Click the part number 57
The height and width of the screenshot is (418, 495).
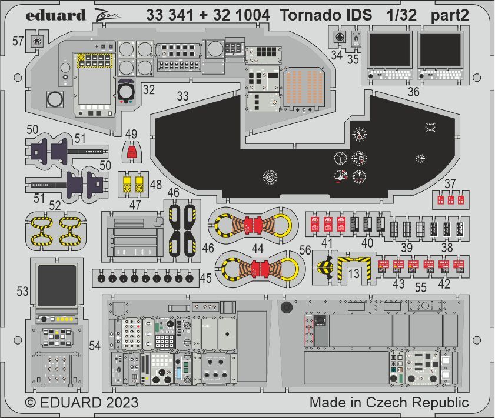pos(18,41)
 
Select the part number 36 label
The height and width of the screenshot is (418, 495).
pos(413,91)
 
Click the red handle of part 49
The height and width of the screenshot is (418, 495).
pos(133,153)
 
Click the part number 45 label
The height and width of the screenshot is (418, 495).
pos(205,278)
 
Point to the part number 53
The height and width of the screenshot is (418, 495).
pos(22,291)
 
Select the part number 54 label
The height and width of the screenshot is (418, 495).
pos(96,346)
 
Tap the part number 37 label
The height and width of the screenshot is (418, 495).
pos(450,184)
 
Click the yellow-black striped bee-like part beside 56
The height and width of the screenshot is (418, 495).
pos(324,268)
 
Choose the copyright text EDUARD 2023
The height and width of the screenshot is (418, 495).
pos(82,403)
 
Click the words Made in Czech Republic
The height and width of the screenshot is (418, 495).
pos(388,403)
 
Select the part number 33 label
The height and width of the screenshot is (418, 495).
pos(183,96)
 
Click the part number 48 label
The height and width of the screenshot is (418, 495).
pos(155,185)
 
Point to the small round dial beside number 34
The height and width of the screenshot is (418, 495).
pos(340,36)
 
